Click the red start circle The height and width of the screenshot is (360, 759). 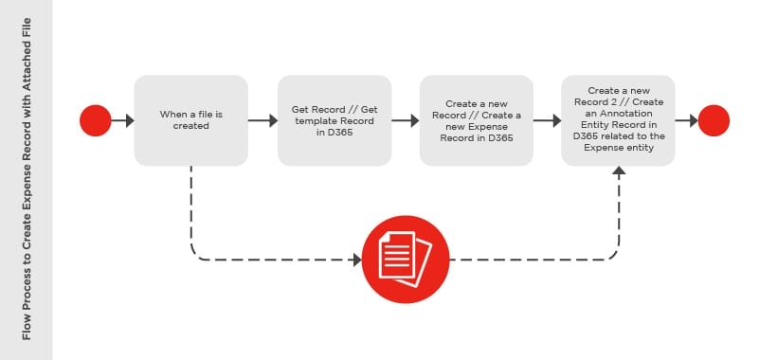(x=96, y=120)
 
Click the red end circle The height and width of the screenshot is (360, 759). (x=714, y=120)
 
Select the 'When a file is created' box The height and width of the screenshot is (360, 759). (x=191, y=120)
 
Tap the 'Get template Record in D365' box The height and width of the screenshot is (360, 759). (x=334, y=120)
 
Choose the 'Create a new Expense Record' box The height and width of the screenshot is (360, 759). (x=477, y=120)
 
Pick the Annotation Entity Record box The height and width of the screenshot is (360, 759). (x=619, y=120)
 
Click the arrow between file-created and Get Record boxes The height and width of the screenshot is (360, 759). (x=263, y=120)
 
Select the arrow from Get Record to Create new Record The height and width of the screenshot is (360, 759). (x=406, y=120)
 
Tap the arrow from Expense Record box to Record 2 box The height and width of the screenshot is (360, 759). (x=548, y=120)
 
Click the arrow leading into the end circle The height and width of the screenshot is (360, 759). (x=688, y=120)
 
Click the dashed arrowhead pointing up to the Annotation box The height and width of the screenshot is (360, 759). (x=619, y=171)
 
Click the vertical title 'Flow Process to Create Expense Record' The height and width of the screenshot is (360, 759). (x=27, y=180)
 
